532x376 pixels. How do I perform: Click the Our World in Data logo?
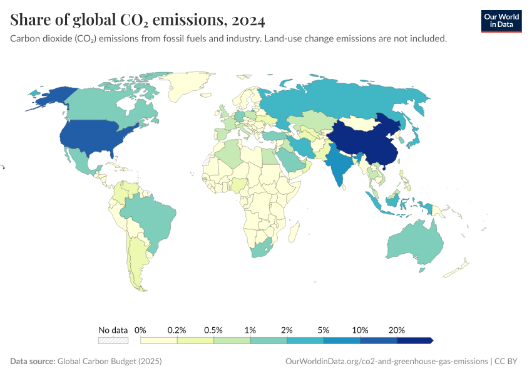click(x=501, y=21)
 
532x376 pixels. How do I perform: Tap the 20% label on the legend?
click(x=397, y=330)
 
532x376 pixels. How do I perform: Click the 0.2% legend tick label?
click(x=177, y=330)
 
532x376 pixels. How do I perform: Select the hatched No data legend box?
click(x=113, y=340)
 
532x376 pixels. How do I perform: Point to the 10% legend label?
click(x=361, y=330)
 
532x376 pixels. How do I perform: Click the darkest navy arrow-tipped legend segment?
click(x=414, y=340)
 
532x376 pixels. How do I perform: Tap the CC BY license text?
click(x=508, y=361)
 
